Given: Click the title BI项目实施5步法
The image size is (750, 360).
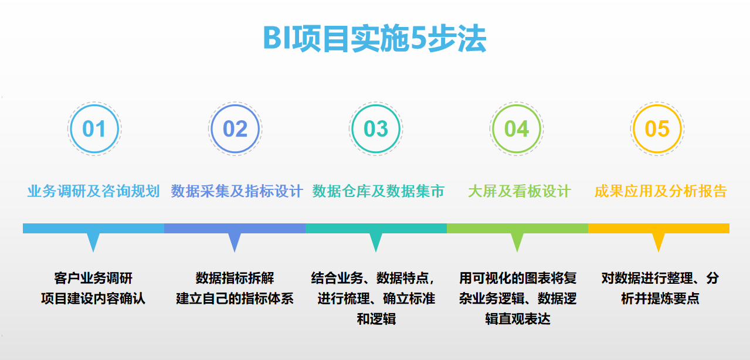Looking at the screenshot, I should (x=375, y=39).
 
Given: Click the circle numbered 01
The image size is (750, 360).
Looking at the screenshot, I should (x=94, y=129).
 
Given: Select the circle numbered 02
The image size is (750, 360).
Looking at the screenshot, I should (x=235, y=129).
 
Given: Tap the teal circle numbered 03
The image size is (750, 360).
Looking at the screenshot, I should (x=376, y=129).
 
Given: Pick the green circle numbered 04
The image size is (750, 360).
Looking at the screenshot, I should (x=517, y=129).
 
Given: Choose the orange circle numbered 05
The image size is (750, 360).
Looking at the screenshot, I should (x=657, y=129).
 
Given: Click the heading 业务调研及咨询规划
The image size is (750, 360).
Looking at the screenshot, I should (x=94, y=191).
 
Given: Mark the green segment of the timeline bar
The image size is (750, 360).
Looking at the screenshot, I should (x=517, y=228).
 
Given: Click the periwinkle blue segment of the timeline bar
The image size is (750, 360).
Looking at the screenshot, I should (x=235, y=228).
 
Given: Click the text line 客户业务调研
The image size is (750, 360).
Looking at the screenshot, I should (x=93, y=277).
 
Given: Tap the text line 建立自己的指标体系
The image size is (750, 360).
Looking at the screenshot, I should (x=235, y=298).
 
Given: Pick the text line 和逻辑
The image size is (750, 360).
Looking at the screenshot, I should (x=376, y=320).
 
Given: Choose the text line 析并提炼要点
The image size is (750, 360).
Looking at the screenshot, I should (x=660, y=298).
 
